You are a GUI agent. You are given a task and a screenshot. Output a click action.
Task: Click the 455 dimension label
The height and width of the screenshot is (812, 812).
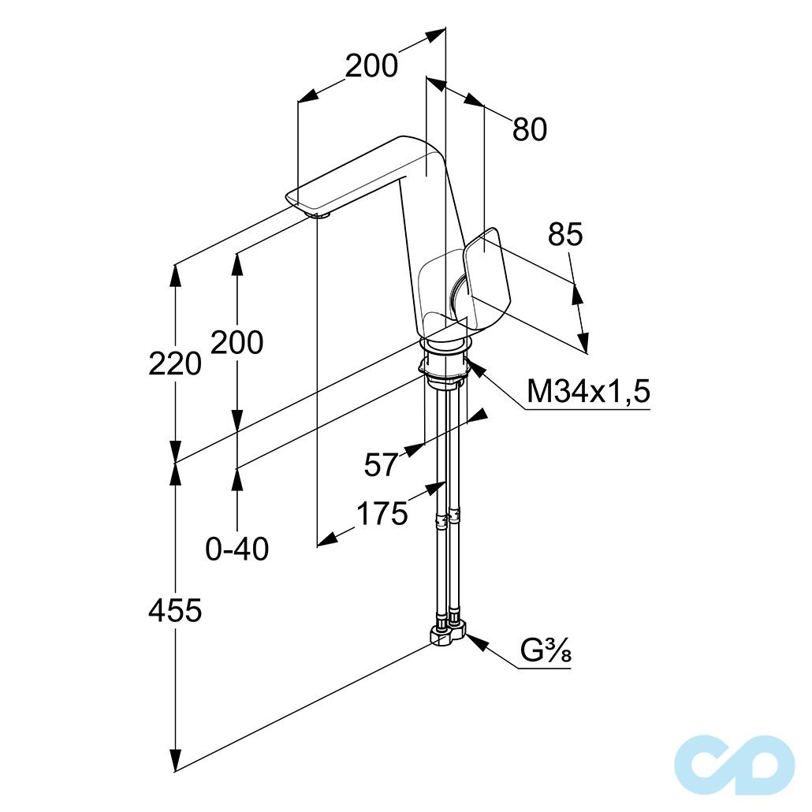tap(175, 610)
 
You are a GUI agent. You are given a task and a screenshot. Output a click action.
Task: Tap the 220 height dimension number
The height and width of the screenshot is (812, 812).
tap(175, 363)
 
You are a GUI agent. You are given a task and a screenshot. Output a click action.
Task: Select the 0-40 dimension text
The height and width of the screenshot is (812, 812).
tap(237, 549)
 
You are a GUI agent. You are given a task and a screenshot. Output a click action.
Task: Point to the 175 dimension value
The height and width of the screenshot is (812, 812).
tap(382, 514)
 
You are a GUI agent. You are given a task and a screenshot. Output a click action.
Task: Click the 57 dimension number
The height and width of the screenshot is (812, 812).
tap(381, 464)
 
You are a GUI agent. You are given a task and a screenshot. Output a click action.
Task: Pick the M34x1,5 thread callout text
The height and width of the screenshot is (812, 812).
tap(588, 391)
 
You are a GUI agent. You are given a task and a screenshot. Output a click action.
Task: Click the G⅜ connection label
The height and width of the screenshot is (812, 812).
tap(546, 651)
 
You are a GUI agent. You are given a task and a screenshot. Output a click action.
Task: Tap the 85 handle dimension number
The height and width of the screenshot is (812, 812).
tap(565, 234)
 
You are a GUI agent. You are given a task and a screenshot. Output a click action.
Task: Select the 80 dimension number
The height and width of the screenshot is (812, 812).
tap(530, 129)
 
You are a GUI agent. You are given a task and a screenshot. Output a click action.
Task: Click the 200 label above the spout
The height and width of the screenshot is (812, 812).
tap(371, 66)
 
